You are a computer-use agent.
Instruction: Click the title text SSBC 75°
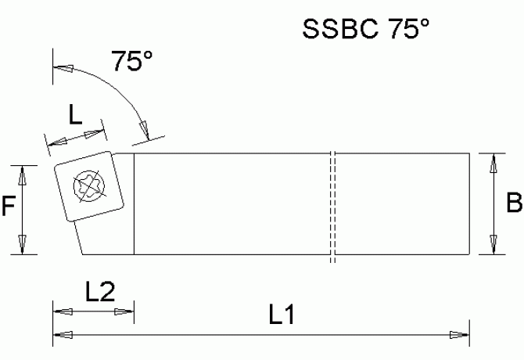point(366,31)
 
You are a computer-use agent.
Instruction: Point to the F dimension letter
point(9,207)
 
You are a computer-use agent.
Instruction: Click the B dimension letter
point(514,203)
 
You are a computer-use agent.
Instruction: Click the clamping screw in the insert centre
point(85,185)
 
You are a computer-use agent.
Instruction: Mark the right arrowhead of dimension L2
point(125,311)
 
